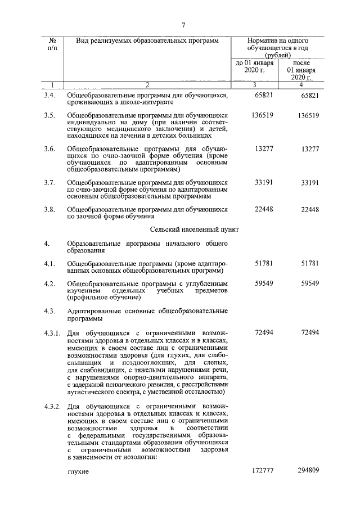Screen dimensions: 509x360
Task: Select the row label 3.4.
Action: pos(50,96)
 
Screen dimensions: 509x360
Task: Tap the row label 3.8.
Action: pos(50,210)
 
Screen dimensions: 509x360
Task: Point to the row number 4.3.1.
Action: pos(53,333)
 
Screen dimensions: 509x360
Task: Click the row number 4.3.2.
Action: pos(53,406)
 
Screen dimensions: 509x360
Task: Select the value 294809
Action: pos(309,485)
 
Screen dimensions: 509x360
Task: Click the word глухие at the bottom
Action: pos(78,486)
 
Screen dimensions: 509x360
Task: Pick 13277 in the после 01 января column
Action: pos(310,149)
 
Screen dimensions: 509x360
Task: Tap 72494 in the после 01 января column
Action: pos(310,333)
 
